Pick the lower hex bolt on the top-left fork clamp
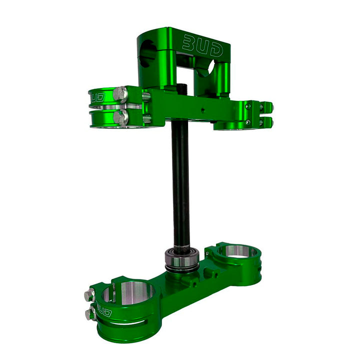120,117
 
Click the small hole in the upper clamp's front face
202,106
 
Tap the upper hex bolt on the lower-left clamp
89,294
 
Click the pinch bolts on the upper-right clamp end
264,113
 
